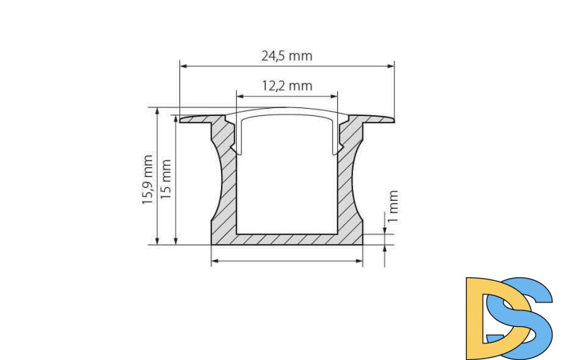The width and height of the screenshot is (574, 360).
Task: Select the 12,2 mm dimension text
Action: click(x=287, y=86)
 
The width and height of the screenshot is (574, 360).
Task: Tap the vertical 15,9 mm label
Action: click(x=148, y=180)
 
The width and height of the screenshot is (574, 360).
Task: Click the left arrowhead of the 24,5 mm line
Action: click(x=183, y=66)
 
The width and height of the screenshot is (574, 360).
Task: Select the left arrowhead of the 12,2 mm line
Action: click(x=241, y=95)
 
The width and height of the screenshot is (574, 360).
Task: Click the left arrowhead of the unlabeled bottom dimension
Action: click(x=215, y=261)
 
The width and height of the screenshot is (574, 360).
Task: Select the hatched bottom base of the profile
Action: click(x=287, y=238)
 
